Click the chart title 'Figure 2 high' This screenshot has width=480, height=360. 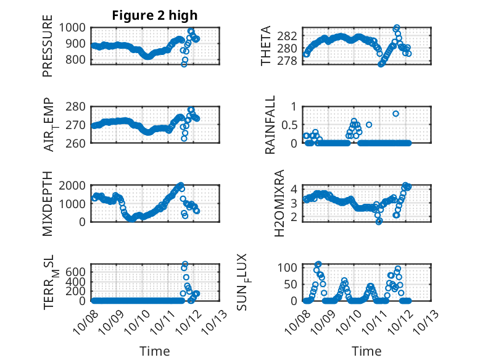pyautogui.click(x=154, y=15)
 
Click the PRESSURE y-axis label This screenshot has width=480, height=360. pyautogui.click(x=48, y=51)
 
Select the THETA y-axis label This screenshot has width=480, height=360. pyautogui.click(x=266, y=46)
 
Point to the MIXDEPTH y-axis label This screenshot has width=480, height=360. pyautogui.click(x=48, y=204)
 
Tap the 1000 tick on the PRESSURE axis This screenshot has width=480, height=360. pyautogui.click(x=74, y=27)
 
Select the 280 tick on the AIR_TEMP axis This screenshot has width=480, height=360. pyautogui.click(x=79, y=107)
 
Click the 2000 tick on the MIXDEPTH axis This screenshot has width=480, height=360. pyautogui.click(x=74, y=186)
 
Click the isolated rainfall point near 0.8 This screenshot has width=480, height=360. pyautogui.click(x=395, y=114)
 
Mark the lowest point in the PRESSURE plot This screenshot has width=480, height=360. pyautogui.click(x=184, y=64)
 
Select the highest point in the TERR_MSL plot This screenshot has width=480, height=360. pyautogui.click(x=184, y=264)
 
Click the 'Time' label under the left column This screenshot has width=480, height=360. pyautogui.click(x=154, y=351)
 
